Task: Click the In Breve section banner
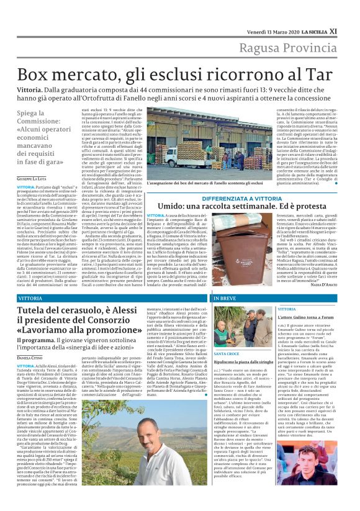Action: pos(226,299)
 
